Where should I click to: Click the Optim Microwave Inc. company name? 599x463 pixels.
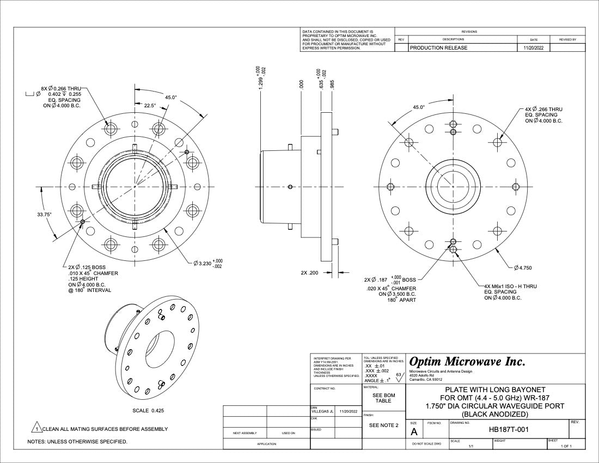point(467,362)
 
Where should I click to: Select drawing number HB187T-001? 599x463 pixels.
point(508,429)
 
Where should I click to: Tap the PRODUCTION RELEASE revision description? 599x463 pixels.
point(438,48)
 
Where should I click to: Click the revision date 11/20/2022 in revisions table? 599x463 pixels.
point(534,48)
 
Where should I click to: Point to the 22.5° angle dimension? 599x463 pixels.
point(150,106)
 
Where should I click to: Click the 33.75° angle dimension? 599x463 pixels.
point(44,215)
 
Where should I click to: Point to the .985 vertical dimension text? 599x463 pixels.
point(332,84)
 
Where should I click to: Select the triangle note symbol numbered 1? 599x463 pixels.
point(37,429)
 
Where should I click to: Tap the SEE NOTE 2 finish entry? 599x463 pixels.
point(384,425)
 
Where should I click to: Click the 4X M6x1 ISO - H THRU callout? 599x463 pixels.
point(510,286)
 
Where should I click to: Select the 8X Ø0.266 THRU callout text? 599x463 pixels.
point(60,88)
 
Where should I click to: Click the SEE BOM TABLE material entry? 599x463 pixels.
point(383,398)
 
